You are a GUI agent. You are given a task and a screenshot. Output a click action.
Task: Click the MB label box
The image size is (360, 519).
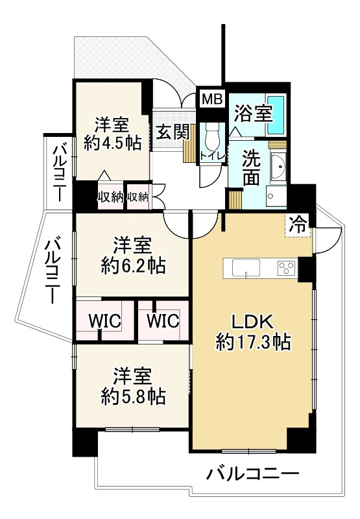click(211, 99)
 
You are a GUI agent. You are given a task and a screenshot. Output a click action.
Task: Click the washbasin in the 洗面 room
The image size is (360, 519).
click(278, 167)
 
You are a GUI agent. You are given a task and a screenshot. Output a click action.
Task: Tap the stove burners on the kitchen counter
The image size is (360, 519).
click(285, 267)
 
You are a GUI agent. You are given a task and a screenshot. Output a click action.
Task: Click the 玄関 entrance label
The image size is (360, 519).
click(172, 132)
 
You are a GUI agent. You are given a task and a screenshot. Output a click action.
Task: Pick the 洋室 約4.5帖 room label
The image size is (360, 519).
click(112, 134)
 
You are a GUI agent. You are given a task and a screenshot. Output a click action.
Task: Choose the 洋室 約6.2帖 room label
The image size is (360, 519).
click(133, 256)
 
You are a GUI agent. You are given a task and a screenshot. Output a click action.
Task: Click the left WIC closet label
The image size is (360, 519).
click(103, 320)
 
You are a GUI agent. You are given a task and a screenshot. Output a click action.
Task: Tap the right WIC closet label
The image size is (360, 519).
click(162, 320)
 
